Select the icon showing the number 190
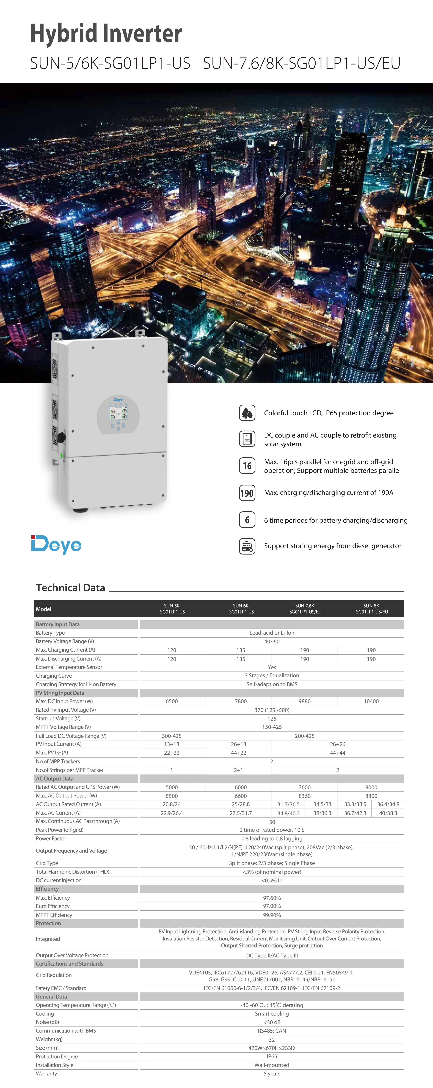coord(247,493)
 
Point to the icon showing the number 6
coord(247,520)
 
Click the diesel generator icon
coord(247,546)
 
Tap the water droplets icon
coord(247,413)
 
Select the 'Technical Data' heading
coord(71,588)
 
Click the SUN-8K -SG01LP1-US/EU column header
coord(371,609)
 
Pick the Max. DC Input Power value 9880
coord(304,701)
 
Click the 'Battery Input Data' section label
coord(57,624)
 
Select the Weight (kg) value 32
coord(272,1039)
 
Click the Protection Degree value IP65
coord(272,1056)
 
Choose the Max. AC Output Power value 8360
coord(304,796)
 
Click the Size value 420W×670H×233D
coord(272,1048)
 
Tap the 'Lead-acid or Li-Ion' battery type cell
coord(272,633)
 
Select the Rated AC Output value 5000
coord(172,787)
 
